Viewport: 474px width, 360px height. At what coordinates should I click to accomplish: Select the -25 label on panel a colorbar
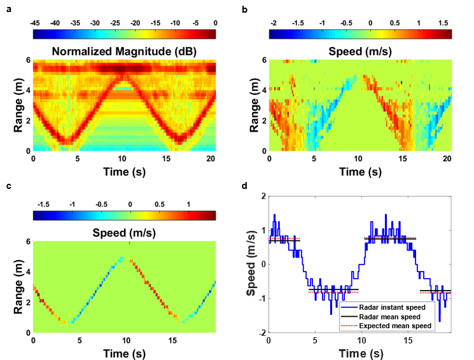click(115, 22)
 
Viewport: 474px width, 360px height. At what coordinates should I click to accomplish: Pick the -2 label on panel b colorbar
click(274, 22)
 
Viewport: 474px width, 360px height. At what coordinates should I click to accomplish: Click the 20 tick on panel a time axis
click(211, 158)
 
